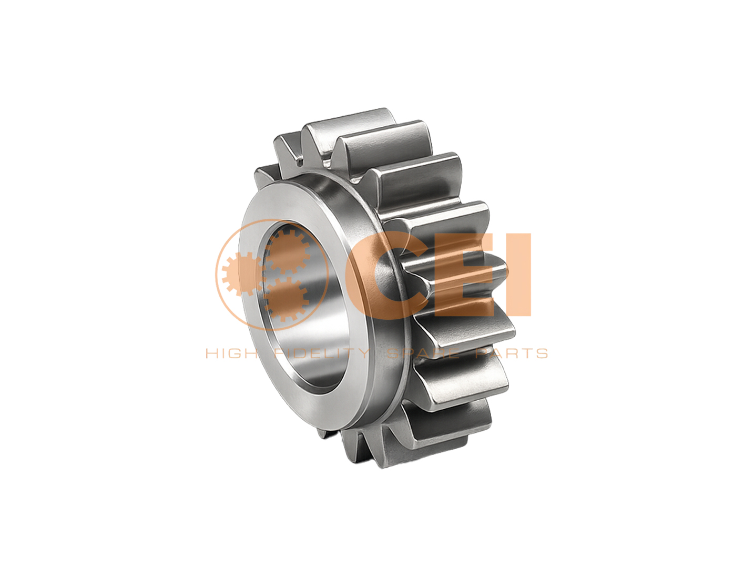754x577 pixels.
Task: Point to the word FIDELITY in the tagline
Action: click(x=321, y=353)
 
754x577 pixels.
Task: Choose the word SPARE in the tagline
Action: click(x=423, y=353)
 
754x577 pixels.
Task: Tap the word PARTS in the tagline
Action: click(x=512, y=353)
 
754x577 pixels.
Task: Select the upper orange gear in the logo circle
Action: click(x=288, y=251)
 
